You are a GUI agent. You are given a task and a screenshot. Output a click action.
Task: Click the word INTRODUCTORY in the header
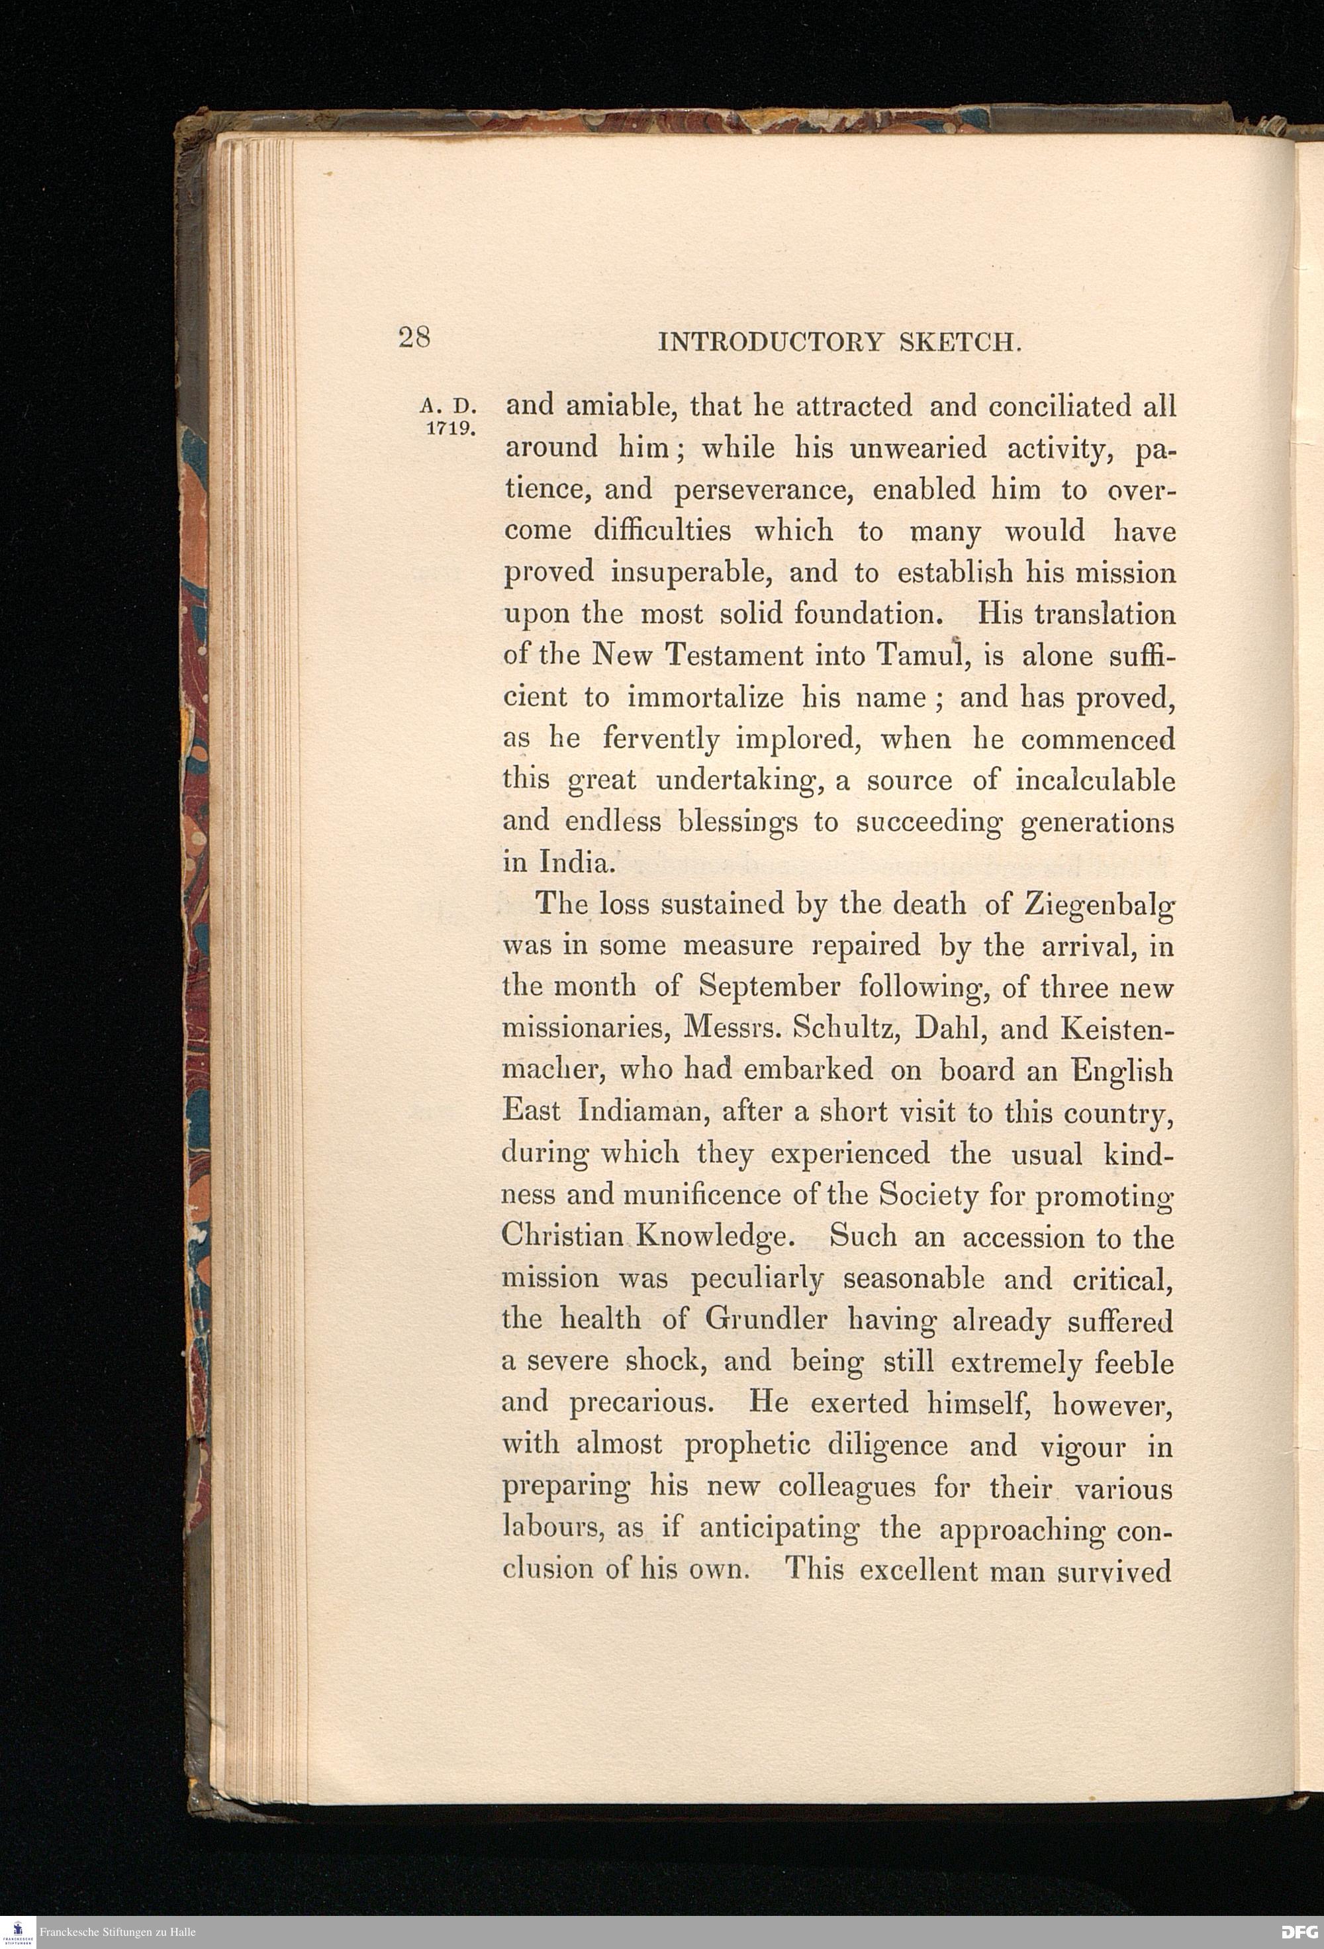point(771,342)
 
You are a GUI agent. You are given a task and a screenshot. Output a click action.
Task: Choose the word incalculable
point(1094,781)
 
